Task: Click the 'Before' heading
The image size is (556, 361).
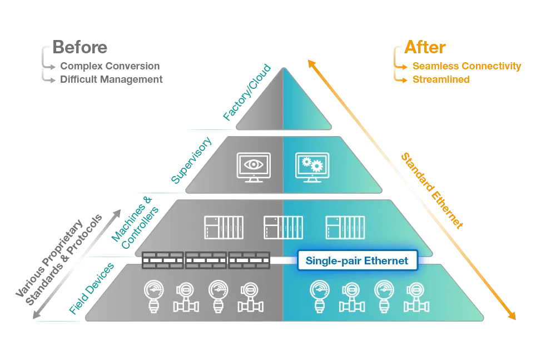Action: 80,47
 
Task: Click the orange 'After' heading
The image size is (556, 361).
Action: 425,47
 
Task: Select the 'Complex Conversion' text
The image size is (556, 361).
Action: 110,66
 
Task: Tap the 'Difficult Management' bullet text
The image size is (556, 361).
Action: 111,79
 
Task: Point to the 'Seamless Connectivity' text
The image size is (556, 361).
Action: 466,66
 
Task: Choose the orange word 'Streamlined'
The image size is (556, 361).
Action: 441,79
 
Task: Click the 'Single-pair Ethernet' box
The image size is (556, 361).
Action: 358,260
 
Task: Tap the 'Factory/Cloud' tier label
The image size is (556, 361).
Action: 247,92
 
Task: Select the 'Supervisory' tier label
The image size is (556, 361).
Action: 191,160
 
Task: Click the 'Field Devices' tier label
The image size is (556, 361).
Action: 92,288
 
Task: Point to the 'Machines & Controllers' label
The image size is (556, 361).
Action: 135,222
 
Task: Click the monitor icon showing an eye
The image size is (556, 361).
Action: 254,167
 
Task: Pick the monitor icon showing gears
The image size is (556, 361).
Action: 312,167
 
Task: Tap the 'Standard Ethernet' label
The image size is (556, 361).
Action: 432,190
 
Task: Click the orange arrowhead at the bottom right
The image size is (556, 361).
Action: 512,315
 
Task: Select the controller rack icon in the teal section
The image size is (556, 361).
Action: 345,228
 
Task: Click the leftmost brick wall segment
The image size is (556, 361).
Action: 163,260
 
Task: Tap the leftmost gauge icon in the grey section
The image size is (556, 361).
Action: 154,297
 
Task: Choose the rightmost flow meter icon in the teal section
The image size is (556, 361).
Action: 416,297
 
